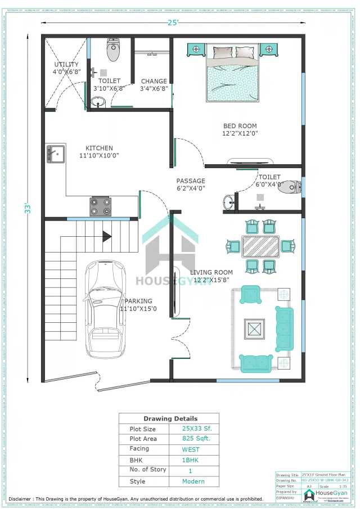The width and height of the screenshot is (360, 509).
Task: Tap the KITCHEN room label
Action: (x=99, y=148)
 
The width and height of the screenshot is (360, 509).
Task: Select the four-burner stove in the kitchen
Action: (x=101, y=206)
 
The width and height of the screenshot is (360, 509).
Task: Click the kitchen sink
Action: (x=55, y=153)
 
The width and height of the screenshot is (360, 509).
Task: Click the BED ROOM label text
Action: (x=240, y=126)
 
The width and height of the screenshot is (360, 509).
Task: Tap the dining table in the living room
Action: (x=260, y=246)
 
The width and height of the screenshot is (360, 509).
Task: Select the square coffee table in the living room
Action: (x=254, y=328)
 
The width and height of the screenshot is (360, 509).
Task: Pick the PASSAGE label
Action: (x=191, y=181)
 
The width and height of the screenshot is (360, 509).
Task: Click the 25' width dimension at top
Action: (x=172, y=22)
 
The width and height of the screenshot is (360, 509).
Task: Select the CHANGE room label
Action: (x=154, y=82)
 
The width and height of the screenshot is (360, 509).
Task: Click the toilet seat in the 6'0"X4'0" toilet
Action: (x=290, y=187)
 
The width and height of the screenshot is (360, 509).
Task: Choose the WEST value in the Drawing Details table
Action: (x=191, y=449)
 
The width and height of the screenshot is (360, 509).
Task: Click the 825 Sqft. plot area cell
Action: (x=196, y=439)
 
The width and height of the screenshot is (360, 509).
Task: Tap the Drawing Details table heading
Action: (x=170, y=418)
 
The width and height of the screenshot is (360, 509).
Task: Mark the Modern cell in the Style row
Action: (x=193, y=481)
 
